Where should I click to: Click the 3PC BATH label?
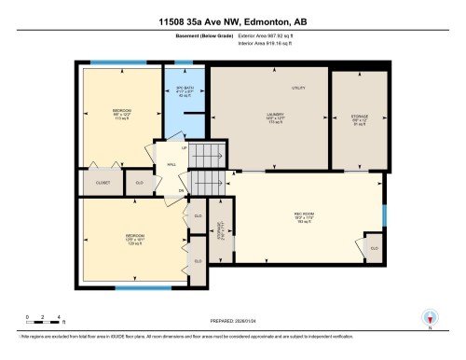pos(184,90)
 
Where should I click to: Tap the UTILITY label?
pos(299,88)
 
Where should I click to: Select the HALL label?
pos(171,165)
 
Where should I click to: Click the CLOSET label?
pos(103,183)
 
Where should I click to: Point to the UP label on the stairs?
pos(185,148)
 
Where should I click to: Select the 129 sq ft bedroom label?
pos(121,238)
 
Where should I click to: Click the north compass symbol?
pos(430,317)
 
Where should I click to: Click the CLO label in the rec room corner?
pos(375,248)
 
